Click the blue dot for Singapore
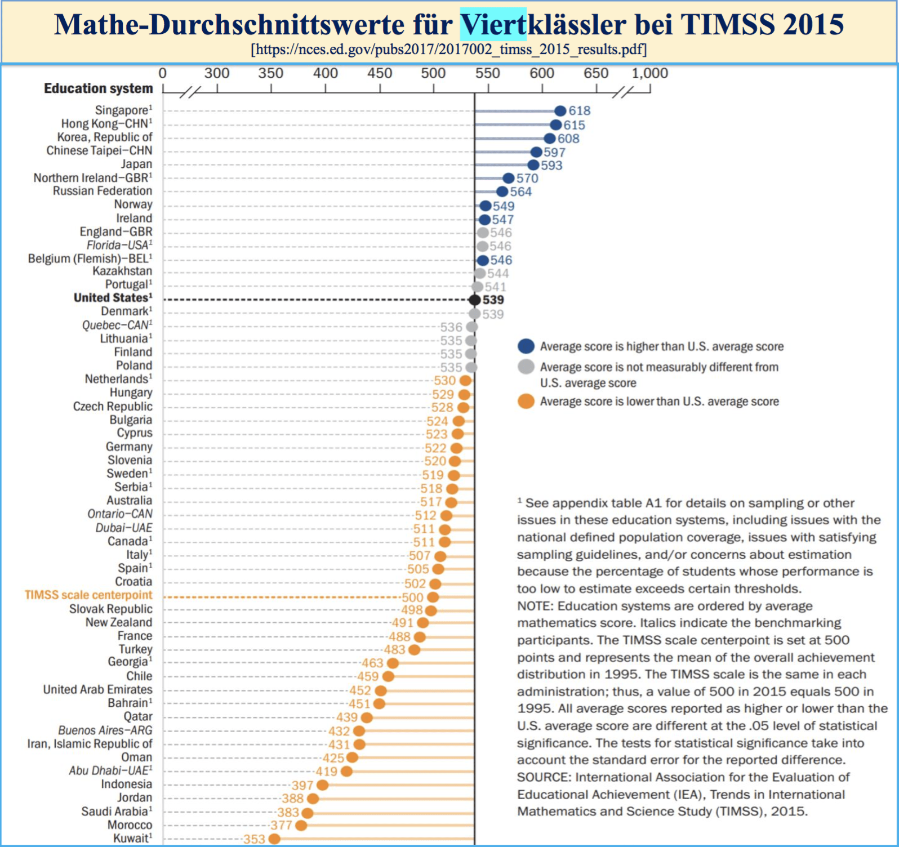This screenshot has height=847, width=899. pyautogui.click(x=560, y=111)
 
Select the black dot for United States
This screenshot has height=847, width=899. pyautogui.click(x=475, y=300)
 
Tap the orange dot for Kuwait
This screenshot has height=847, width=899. pyautogui.click(x=274, y=839)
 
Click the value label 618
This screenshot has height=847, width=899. pyautogui.click(x=580, y=111)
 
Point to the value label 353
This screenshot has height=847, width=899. pyautogui.click(x=254, y=839)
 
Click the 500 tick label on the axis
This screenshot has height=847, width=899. pyautogui.click(x=433, y=73)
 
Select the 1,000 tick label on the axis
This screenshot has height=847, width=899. pyautogui.click(x=649, y=73)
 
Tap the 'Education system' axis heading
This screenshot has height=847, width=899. pyautogui.click(x=99, y=88)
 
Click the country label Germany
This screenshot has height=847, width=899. pyautogui.click(x=129, y=447)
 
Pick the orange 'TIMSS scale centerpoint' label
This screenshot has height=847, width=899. pyautogui.click(x=88, y=595)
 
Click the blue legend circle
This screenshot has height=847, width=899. pyautogui.click(x=526, y=346)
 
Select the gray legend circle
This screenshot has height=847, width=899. pyautogui.click(x=526, y=367)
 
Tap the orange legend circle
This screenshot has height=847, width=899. pyautogui.click(x=526, y=402)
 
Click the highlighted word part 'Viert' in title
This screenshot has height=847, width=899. pyautogui.click(x=493, y=25)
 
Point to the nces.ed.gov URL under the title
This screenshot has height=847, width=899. pyautogui.click(x=449, y=50)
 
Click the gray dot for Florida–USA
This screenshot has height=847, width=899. pyautogui.click(x=483, y=246)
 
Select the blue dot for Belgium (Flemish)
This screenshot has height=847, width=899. pyautogui.click(x=483, y=260)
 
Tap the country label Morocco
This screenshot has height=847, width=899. pyautogui.click(x=130, y=825)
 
